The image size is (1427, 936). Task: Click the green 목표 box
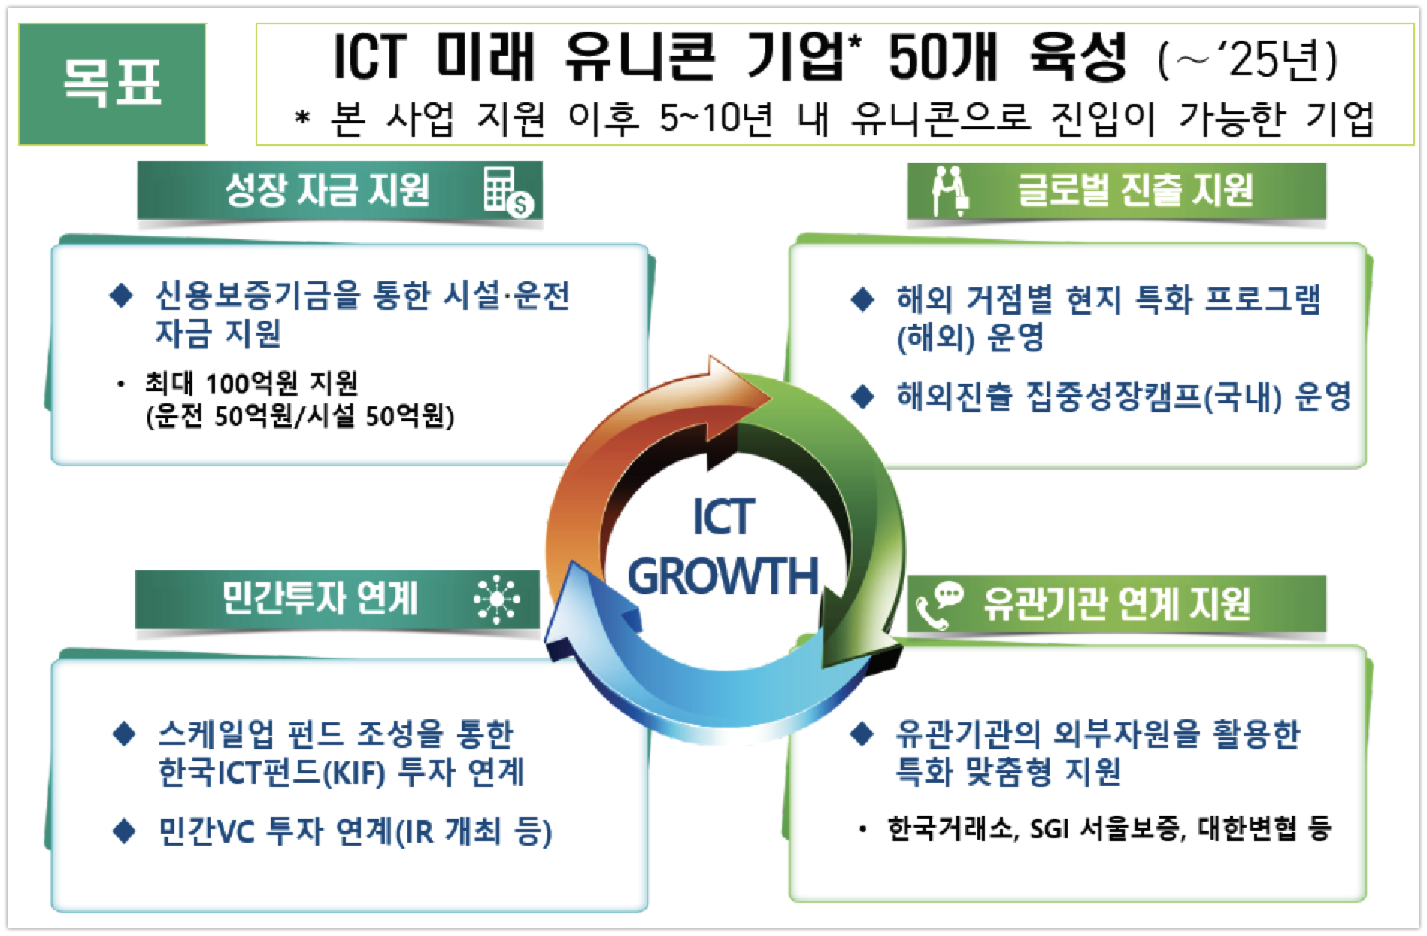[x=112, y=84]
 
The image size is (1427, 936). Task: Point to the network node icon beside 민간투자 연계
[x=497, y=600]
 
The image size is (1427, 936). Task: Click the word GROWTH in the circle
[x=723, y=576]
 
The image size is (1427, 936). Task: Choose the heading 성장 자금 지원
[x=327, y=190]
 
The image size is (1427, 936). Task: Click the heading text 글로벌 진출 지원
[x=1135, y=190]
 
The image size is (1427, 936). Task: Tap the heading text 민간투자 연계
[x=320, y=599]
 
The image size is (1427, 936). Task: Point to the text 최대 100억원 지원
[x=251, y=384]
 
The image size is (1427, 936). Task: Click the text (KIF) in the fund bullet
[x=353, y=773]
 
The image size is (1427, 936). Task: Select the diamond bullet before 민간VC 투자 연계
[x=123, y=831]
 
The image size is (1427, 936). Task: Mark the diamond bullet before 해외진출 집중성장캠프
[x=862, y=396]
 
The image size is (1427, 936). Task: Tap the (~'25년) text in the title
[x=1248, y=59]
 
